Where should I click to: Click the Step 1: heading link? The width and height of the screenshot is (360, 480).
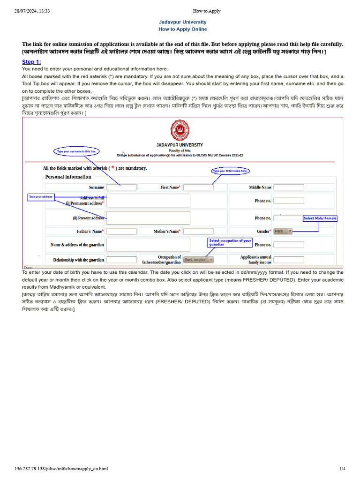[x=31, y=62]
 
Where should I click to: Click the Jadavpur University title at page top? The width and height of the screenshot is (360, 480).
[x=182, y=22]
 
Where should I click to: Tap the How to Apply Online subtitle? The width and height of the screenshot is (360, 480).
[x=182, y=29]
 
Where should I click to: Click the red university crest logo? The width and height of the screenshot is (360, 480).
[x=180, y=131]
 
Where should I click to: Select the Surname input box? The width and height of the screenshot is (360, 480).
[x=121, y=187]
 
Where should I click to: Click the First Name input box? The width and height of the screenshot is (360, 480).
[x=198, y=187]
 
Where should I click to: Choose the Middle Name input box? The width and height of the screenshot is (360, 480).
[x=288, y=187]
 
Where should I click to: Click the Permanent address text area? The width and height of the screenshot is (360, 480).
[x=148, y=201]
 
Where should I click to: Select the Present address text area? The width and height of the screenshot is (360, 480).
[x=148, y=218]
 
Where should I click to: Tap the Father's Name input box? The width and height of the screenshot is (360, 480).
[x=121, y=232]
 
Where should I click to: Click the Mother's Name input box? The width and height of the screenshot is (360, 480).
[x=198, y=232]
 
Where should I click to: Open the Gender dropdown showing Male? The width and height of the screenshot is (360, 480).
[x=283, y=231]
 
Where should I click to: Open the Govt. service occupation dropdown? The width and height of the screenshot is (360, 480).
[x=199, y=259]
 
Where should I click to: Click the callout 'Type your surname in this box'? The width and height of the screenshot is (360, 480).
[x=76, y=151]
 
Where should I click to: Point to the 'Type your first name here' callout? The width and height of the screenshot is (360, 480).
[x=230, y=171]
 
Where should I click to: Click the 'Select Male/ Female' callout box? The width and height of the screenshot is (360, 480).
[x=320, y=218]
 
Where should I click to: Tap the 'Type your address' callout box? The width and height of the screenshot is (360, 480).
[x=41, y=197]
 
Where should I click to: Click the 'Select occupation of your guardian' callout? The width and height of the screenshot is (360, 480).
[x=231, y=242]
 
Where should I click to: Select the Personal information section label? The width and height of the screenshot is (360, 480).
[x=68, y=177]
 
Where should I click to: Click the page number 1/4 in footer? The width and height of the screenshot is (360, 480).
[x=342, y=468]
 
